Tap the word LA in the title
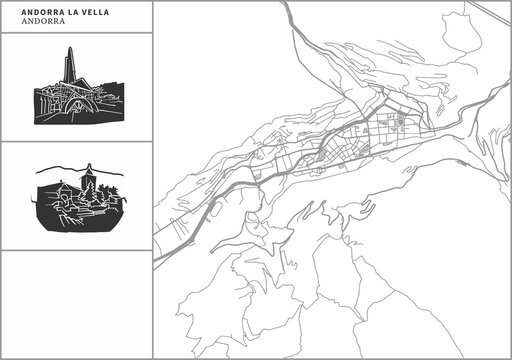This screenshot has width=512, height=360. [50, 11]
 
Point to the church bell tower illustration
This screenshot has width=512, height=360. [88, 180]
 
